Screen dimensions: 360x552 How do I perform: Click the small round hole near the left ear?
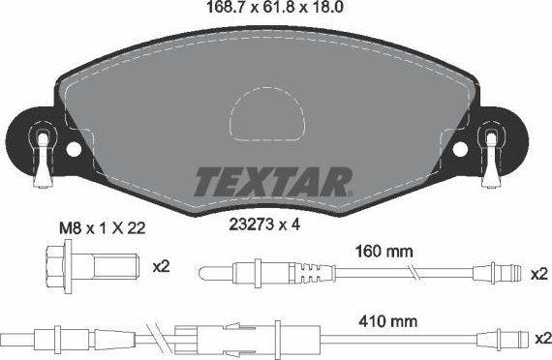point(74,150)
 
